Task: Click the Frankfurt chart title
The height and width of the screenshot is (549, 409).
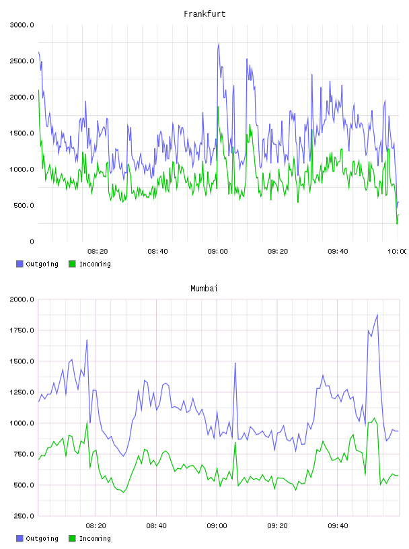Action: click(x=204, y=14)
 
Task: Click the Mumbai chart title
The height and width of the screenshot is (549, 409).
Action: click(x=204, y=289)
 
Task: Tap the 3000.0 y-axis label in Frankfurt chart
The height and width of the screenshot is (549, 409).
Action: click(x=22, y=25)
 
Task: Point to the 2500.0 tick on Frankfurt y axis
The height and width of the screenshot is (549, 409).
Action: click(x=22, y=61)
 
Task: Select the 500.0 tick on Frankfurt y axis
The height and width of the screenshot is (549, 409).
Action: click(x=24, y=205)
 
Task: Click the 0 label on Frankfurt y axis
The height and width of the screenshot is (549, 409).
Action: click(x=32, y=242)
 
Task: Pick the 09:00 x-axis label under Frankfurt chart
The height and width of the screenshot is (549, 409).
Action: click(x=217, y=252)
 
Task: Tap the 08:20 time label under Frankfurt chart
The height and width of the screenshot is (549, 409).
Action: click(x=98, y=252)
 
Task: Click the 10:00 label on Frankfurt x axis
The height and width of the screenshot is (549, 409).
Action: click(x=397, y=252)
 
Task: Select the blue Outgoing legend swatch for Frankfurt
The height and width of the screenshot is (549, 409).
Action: click(x=20, y=264)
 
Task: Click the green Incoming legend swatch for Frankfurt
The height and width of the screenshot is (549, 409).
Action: click(x=72, y=264)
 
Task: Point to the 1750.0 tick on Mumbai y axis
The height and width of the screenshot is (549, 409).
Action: click(x=22, y=330)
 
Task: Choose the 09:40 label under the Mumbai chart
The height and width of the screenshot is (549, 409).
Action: click(x=338, y=526)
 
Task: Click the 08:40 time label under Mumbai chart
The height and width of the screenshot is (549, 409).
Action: click(x=157, y=526)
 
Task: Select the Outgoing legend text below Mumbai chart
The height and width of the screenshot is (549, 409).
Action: click(x=42, y=538)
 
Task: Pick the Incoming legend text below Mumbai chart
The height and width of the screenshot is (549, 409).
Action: click(x=95, y=538)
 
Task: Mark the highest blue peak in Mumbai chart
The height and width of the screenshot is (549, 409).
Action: click(x=377, y=314)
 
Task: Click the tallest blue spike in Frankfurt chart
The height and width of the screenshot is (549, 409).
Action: click(x=219, y=44)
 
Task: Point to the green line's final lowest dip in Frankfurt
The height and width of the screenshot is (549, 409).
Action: click(x=397, y=224)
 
